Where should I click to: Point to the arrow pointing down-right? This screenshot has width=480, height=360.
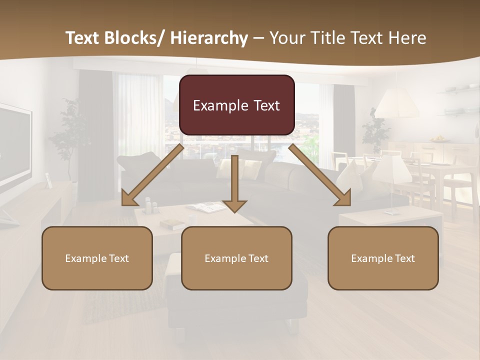pos(320,175)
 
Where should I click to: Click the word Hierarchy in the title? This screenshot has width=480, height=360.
pos(209,38)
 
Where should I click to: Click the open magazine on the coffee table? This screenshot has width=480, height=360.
pos(205,206)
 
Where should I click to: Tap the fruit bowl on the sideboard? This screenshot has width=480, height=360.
pos(439,138)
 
